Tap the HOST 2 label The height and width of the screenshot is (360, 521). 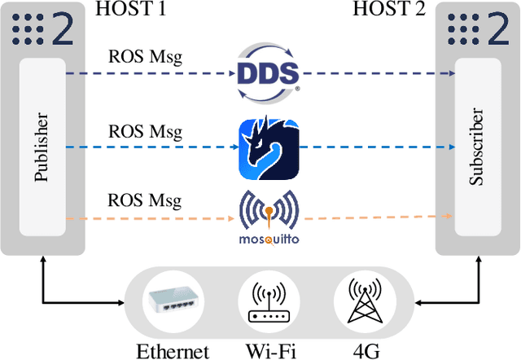click(x=386, y=10)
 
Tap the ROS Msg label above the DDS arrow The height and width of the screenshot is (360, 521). click(x=146, y=59)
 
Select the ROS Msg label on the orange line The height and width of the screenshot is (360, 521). click(x=146, y=200)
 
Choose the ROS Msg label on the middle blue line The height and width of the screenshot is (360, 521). click(x=146, y=131)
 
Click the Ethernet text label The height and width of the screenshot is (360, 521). click(x=173, y=350)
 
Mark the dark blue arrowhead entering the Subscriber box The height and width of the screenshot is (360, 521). click(x=450, y=72)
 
